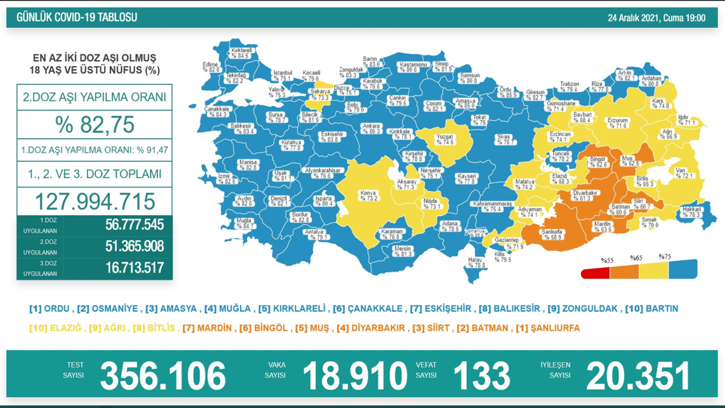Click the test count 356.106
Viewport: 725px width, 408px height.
(x=163, y=375)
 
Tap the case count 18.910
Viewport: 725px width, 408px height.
(x=355, y=375)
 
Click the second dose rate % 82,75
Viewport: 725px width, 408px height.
(x=94, y=125)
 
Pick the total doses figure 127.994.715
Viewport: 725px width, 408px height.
(x=94, y=201)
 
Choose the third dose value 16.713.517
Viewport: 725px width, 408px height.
(x=130, y=267)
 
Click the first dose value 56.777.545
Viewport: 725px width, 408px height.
(x=130, y=225)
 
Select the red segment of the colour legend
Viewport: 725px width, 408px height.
(x=595, y=274)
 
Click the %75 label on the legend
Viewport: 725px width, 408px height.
(x=665, y=257)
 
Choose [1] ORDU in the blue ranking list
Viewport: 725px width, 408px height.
(x=50, y=308)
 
